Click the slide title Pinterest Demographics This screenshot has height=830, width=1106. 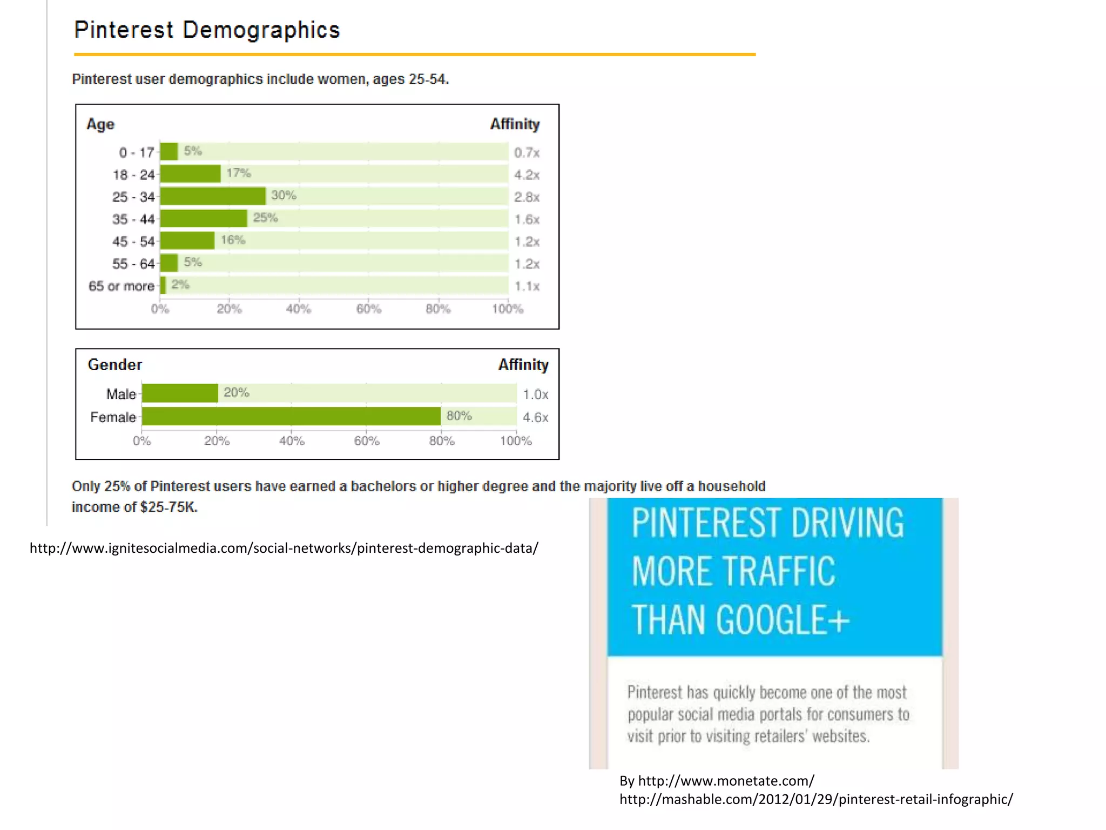207,30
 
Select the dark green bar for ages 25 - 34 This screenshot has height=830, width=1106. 213,196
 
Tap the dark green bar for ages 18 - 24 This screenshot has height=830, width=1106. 190,174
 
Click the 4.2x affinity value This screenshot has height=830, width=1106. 527,175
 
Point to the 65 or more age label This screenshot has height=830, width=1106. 122,286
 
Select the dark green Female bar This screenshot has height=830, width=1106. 291,417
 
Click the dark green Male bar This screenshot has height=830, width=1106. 180,393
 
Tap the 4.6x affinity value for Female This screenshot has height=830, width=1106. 535,417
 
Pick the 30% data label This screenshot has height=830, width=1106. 284,196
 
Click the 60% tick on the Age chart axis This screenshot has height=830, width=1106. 369,309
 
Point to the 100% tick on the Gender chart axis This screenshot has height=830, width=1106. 516,441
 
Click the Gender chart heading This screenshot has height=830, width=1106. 115,365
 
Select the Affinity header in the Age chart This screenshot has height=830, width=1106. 515,124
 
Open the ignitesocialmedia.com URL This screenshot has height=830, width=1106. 284,548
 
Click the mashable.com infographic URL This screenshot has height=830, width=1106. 815,799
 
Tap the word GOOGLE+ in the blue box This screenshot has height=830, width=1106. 783,620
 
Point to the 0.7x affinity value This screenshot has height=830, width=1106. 527,153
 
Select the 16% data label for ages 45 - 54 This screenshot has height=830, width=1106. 233,240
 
